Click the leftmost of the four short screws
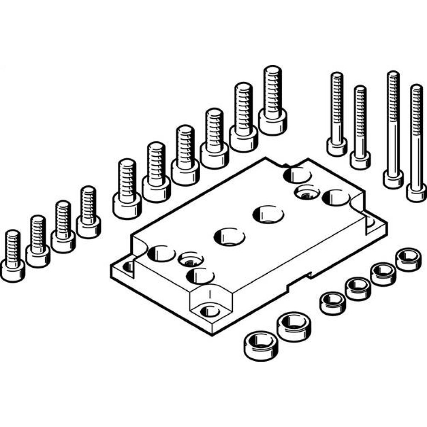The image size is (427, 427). (12, 256)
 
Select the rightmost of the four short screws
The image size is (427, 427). (88, 212)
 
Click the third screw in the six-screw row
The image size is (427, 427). (185, 156)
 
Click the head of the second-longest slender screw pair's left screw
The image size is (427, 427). (393, 178)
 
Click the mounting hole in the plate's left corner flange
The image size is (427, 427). (128, 267)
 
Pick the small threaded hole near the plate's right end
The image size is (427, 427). (307, 192)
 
